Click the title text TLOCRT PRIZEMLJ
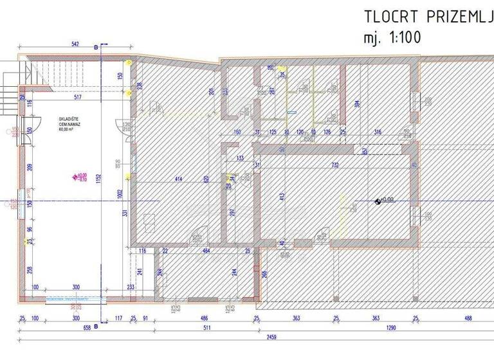(428, 16)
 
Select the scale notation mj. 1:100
(392, 37)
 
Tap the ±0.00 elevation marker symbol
(378, 200)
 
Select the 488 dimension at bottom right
(468, 318)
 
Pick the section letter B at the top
(96, 48)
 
